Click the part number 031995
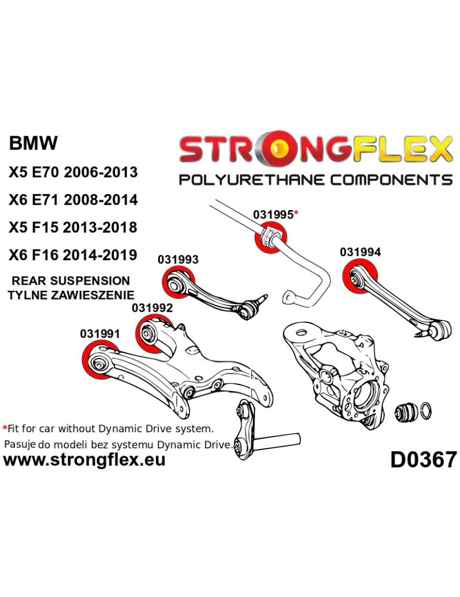click(273, 215)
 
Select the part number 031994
click(360, 253)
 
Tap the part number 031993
click(178, 260)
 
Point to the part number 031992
click(152, 308)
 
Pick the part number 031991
click(100, 334)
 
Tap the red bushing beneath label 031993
click(178, 283)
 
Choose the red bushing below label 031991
click(98, 361)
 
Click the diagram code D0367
click(423, 459)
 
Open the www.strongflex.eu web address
click(84, 460)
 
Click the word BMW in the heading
click(33, 143)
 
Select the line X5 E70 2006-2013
click(73, 172)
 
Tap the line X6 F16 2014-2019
click(73, 255)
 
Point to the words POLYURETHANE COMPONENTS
click(316, 180)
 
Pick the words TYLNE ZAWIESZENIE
click(70, 294)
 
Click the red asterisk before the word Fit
click(5, 429)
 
